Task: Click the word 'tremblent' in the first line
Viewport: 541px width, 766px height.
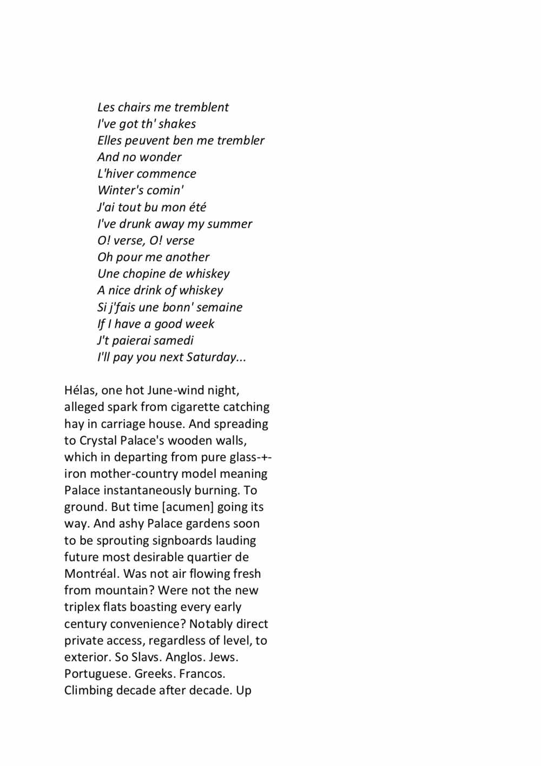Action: [201, 107]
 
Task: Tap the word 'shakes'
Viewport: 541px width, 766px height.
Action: [177, 124]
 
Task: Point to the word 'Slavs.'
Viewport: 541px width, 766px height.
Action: [147, 657]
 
